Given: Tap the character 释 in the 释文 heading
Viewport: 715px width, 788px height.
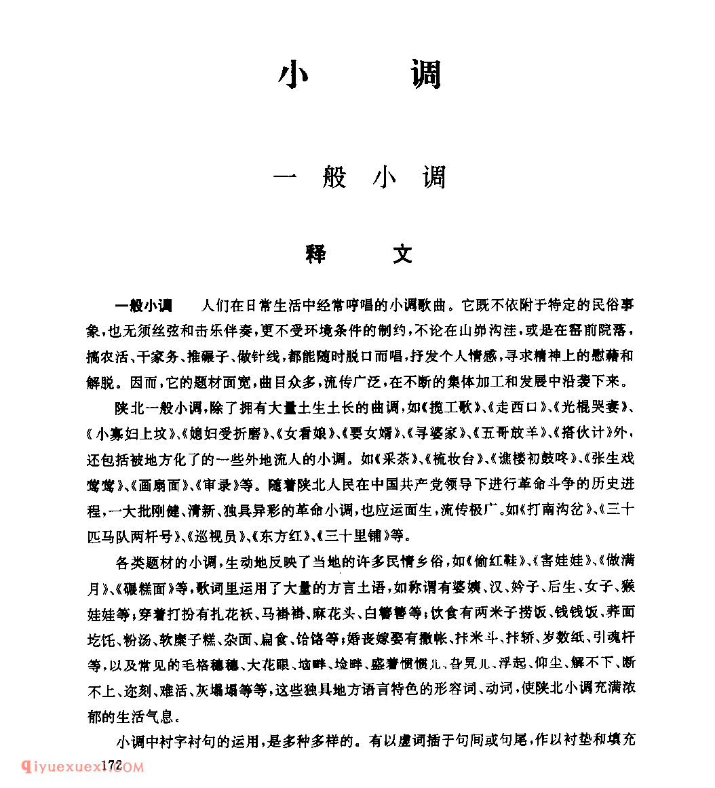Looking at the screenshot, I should tap(315, 254).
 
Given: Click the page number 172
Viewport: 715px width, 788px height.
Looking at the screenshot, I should tap(111, 766).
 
